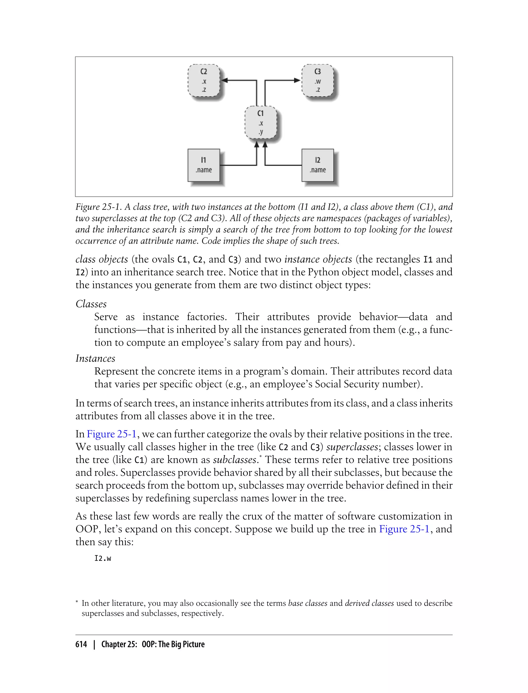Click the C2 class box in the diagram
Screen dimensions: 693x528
[x=204, y=80]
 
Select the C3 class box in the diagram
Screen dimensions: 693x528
[x=317, y=80]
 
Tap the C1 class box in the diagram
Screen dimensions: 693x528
[x=261, y=122]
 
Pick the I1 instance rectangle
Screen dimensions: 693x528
[x=204, y=165]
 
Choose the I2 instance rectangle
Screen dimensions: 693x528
[x=317, y=165]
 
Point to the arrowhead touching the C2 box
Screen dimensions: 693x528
[x=224, y=80]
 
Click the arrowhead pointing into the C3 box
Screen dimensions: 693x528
[x=297, y=80]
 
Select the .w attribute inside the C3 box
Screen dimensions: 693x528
[x=318, y=82]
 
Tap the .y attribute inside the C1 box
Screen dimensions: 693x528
[x=261, y=132]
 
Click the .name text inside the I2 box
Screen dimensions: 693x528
[x=318, y=170]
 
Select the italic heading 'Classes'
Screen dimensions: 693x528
[x=91, y=304]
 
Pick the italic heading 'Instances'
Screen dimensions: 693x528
[x=95, y=359]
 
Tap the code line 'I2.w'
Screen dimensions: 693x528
[x=103, y=558]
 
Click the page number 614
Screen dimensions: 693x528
[x=81, y=644]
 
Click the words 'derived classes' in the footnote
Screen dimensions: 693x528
[x=369, y=603]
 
